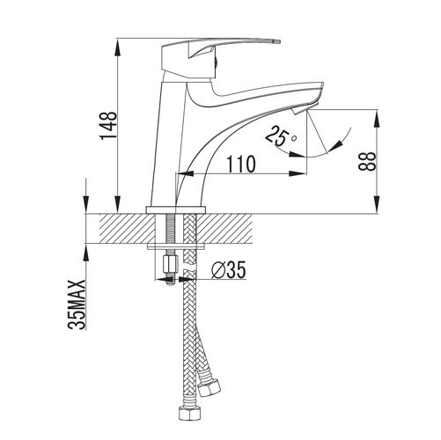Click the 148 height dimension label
click(x=109, y=126)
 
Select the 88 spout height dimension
click(x=367, y=161)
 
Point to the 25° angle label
click(x=281, y=136)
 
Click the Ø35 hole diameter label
click(x=229, y=269)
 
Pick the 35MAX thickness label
click(x=77, y=304)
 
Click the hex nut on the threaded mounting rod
click(x=170, y=262)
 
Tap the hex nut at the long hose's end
click(x=187, y=413)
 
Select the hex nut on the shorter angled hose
click(x=209, y=387)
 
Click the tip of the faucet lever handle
click(x=279, y=41)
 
